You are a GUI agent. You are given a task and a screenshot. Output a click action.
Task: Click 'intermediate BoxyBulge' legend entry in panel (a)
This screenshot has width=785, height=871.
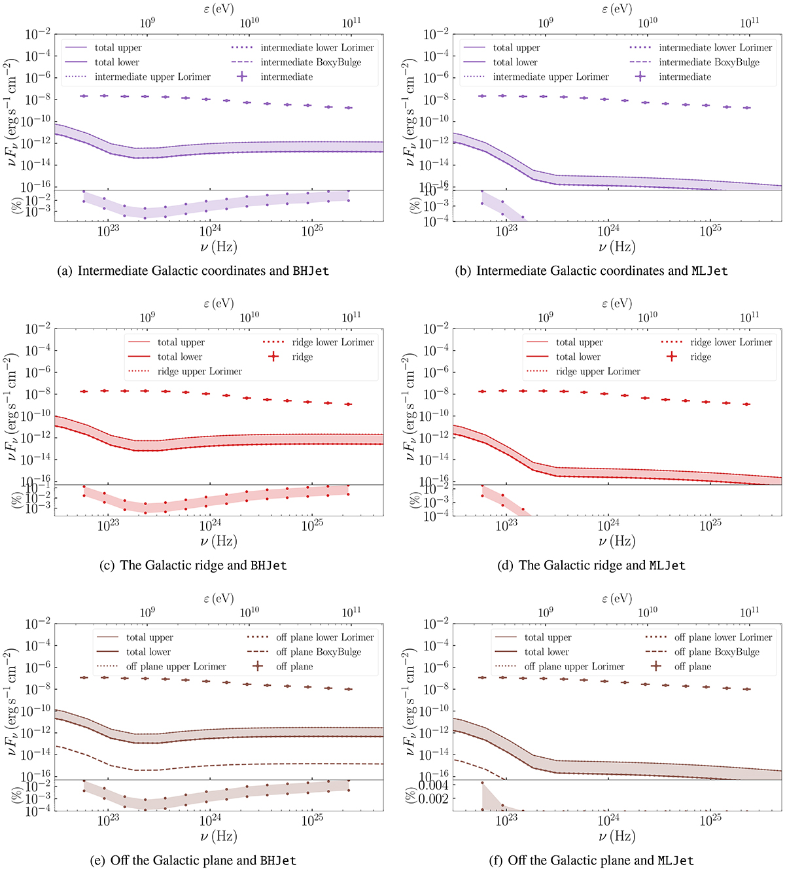coord(311,62)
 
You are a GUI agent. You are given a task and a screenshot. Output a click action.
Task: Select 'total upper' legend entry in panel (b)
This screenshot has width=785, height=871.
coord(516,48)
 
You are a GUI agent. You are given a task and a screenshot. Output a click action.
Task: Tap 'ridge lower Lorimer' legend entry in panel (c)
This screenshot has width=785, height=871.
coord(333,342)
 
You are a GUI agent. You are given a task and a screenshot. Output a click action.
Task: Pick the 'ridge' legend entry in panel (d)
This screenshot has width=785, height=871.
coord(700,357)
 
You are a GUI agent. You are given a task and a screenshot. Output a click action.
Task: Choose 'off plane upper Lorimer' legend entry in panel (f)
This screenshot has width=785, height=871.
coord(574,666)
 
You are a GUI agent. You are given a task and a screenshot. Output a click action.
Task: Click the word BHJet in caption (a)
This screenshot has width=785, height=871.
coord(310,271)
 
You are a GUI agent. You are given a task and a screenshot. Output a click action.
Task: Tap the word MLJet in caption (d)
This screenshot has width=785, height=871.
coord(667,565)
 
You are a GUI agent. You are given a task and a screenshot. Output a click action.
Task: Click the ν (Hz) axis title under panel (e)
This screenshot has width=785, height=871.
coord(218,836)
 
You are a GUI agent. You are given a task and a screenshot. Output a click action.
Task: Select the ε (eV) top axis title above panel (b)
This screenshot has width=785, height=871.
coord(617,9)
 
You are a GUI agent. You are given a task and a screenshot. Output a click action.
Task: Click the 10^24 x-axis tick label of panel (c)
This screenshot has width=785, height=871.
coord(210,524)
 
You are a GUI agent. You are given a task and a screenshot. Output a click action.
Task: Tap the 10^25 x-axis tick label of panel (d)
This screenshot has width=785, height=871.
coord(710,524)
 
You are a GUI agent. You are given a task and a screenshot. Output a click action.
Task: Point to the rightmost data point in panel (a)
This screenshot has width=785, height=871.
coord(349,107)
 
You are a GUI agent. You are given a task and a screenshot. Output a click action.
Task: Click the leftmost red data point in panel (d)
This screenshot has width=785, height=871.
coord(482,391)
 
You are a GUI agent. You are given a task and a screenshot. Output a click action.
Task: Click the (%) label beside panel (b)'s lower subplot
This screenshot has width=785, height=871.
coord(414,205)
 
